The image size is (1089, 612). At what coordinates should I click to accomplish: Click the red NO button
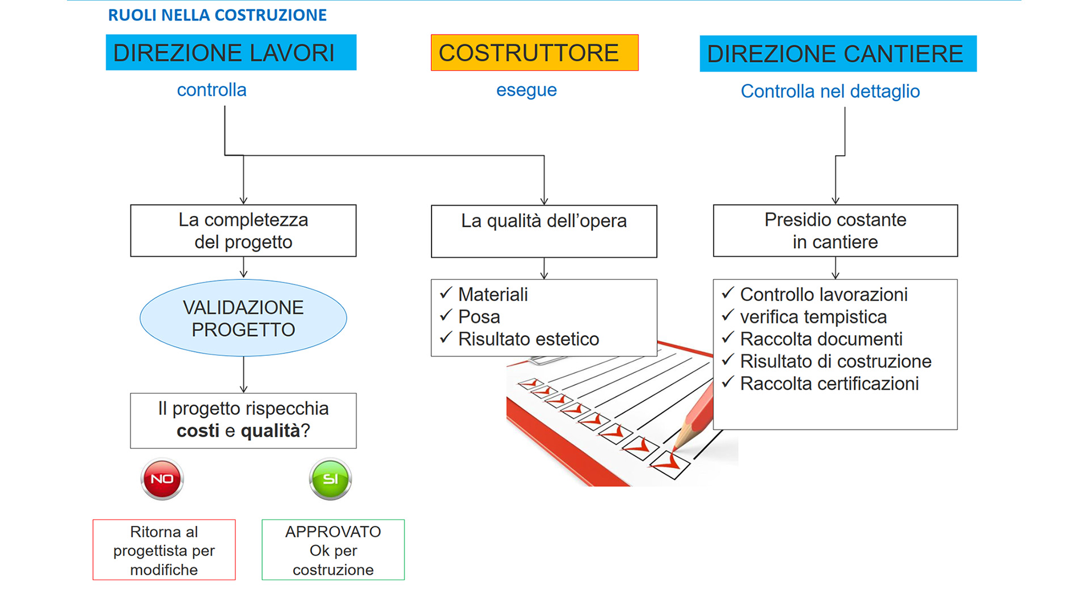click(162, 479)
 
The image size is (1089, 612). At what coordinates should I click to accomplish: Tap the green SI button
click(331, 479)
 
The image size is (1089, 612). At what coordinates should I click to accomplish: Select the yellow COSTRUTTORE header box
click(534, 53)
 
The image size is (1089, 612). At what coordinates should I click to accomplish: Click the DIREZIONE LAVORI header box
click(231, 53)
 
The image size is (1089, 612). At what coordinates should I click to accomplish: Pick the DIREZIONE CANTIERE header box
click(838, 54)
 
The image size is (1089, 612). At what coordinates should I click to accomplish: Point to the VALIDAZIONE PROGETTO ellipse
click(243, 318)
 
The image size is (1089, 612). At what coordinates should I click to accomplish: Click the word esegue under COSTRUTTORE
click(526, 90)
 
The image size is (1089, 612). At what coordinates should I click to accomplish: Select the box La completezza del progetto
click(243, 231)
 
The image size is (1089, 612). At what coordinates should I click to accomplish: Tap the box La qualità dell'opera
click(544, 231)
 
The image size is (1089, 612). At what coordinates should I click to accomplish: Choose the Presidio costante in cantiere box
click(835, 231)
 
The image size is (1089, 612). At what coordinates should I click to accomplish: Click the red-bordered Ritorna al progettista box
click(164, 550)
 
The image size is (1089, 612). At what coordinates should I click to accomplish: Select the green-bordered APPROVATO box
click(333, 550)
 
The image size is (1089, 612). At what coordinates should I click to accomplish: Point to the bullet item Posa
click(479, 317)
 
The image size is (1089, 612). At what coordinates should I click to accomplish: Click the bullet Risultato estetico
click(528, 339)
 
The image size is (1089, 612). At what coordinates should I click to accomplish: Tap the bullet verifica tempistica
click(813, 317)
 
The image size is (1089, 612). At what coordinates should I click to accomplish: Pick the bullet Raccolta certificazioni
click(829, 384)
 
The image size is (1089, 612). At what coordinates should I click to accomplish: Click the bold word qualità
click(270, 431)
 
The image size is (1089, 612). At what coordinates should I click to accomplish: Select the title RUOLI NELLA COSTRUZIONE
click(217, 15)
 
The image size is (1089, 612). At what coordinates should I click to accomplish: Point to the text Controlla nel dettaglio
click(830, 91)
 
